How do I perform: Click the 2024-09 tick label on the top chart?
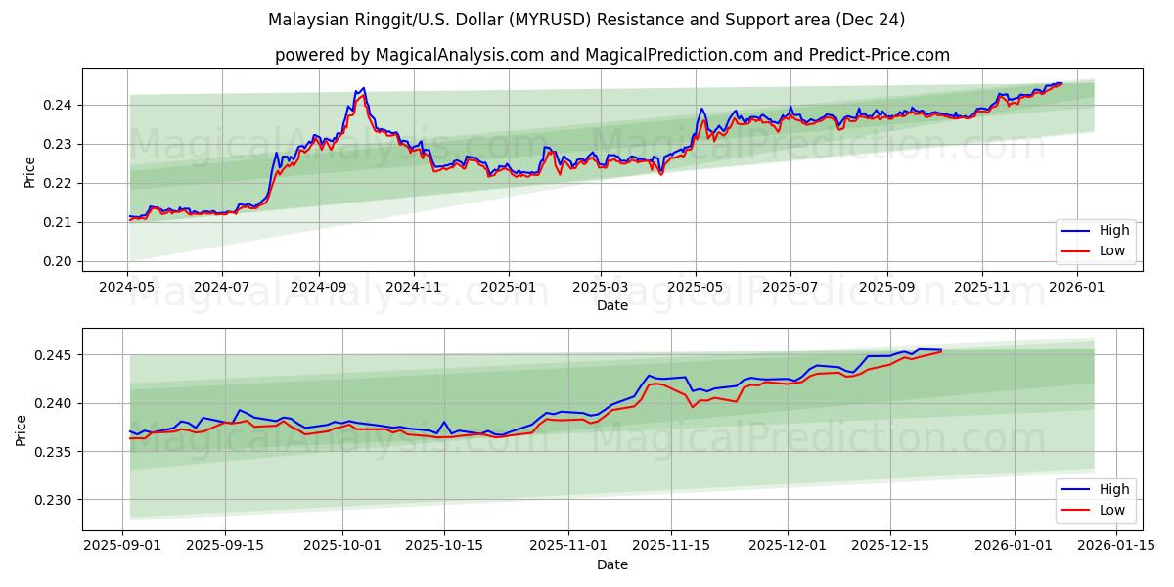pyautogui.click(x=319, y=287)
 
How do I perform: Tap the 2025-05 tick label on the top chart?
pyautogui.click(x=696, y=287)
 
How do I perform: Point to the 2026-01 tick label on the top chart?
pyautogui.click(x=1076, y=287)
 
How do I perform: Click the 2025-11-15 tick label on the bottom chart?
pyautogui.click(x=671, y=546)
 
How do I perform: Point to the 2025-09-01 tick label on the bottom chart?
pyautogui.click(x=122, y=546)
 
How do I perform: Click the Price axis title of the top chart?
pyautogui.click(x=29, y=170)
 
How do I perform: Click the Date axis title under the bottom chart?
pyautogui.click(x=612, y=564)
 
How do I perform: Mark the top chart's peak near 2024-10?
pyautogui.click(x=363, y=88)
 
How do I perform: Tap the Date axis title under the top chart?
pyautogui.click(x=612, y=305)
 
